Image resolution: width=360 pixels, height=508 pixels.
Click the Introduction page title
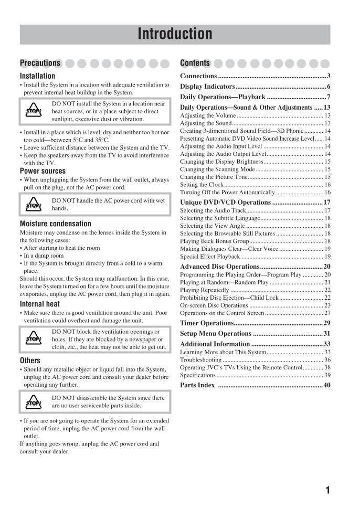coord(175,34)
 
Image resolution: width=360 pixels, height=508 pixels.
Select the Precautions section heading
coord(40,63)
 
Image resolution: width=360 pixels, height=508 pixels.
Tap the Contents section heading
coord(195,63)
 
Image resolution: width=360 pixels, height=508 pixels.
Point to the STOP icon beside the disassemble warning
coord(33,402)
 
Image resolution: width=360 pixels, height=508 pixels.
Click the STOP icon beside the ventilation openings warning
coord(33,339)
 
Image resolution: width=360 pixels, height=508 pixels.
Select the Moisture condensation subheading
coord(55,224)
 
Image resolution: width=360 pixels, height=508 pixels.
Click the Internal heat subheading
coord(40,304)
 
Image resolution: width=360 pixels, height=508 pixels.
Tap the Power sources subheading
coord(43,171)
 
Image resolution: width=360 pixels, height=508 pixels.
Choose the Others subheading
coord(30,361)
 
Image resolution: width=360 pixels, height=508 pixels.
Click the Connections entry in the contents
coord(198,76)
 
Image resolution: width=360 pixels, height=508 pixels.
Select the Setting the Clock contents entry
coord(202,185)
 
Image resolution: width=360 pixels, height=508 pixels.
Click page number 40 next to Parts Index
coord(326,385)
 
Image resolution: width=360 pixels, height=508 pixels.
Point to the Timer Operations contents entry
coord(207,323)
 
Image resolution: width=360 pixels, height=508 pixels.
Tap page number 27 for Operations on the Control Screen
coord(327,313)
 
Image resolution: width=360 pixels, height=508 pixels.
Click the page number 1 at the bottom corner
coord(327,490)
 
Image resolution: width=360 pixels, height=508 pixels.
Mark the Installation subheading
coord(37,76)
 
